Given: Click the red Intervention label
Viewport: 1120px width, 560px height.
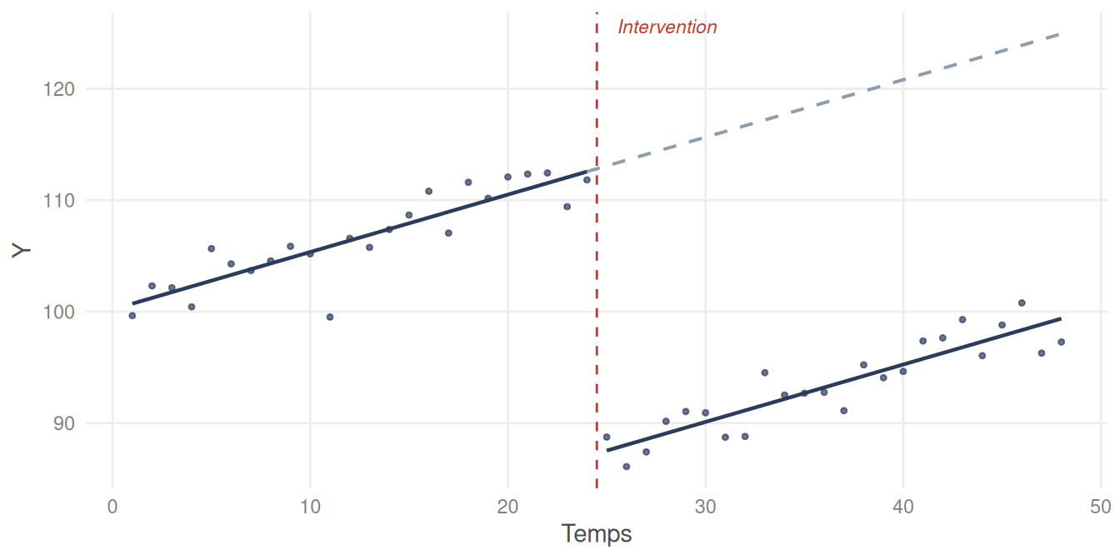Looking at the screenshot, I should pos(667,27).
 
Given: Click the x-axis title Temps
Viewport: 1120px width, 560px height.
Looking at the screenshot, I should pos(596,534).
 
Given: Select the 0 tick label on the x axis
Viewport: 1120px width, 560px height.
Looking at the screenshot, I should pos(112,506).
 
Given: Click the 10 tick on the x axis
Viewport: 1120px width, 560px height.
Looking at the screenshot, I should pos(310,506).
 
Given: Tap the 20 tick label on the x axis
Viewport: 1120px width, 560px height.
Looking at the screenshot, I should pos(507,506).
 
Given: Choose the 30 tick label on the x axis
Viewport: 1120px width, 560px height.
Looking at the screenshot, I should pos(705,506).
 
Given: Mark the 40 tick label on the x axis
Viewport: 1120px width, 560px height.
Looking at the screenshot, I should pos(902,506).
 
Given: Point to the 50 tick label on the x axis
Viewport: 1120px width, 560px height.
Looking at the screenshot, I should pos(1100,506).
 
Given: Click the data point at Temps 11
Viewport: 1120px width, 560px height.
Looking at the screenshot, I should pos(330,317).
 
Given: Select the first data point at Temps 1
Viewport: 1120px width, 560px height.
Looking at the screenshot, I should pos(132,315).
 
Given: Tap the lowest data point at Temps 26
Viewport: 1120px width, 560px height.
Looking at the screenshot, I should pos(626,467).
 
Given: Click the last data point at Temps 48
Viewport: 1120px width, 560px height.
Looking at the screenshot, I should pos(1061,342).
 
